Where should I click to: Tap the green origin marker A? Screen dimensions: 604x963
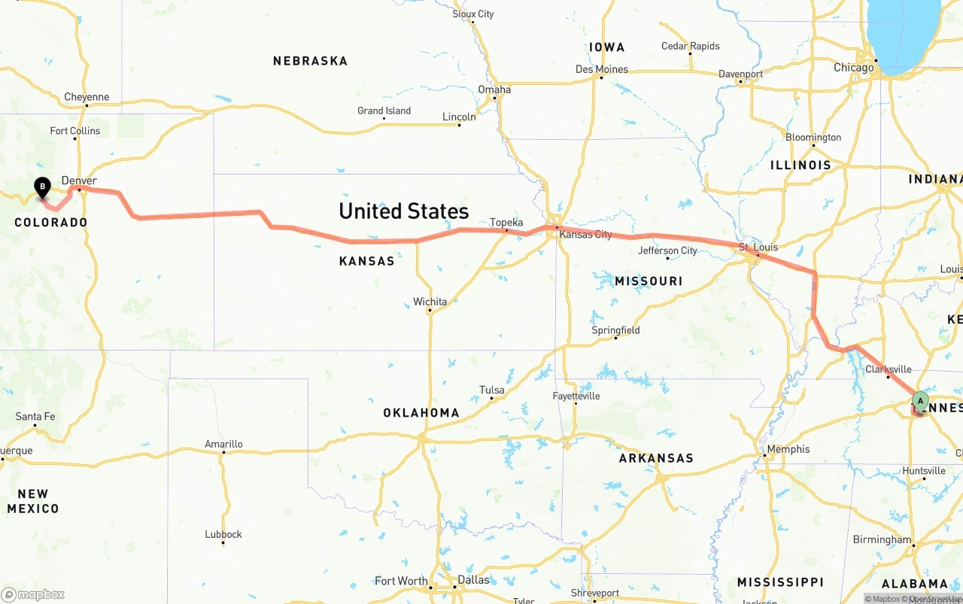(x=920, y=401)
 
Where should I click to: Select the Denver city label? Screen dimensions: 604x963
(x=79, y=181)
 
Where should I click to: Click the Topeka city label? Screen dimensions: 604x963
(x=506, y=223)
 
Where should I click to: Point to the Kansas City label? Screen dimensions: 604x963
(x=585, y=235)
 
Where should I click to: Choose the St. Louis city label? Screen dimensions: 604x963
(x=758, y=247)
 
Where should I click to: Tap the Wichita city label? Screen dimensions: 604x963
(x=430, y=302)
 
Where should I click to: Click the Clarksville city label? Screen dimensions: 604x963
(x=888, y=369)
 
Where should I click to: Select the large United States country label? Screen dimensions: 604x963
(x=403, y=211)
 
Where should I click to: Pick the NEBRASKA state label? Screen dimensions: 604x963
(x=310, y=61)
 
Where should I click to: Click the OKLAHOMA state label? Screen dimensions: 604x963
(x=421, y=413)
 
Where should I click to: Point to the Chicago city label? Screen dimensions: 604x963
(x=853, y=68)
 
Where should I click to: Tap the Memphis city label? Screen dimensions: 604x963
(x=788, y=449)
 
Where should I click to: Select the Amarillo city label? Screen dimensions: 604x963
(x=223, y=444)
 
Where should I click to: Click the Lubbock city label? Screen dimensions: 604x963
(x=223, y=534)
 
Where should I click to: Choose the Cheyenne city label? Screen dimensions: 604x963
(x=87, y=97)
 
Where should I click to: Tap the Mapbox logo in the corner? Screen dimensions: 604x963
(x=33, y=594)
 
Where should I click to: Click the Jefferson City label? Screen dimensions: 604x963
(x=667, y=250)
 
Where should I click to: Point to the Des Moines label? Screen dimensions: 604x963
(x=601, y=69)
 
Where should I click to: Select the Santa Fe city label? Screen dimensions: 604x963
(x=35, y=416)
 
